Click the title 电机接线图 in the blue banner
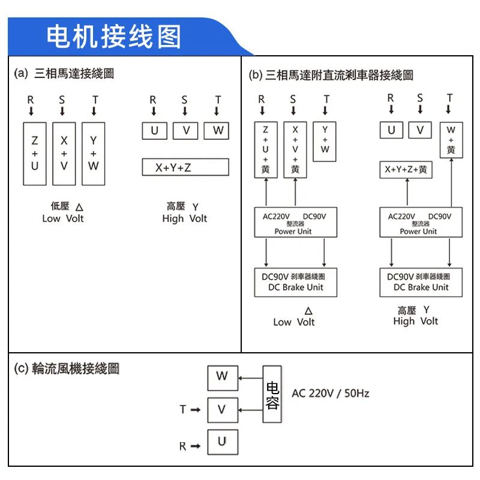coord(114,37)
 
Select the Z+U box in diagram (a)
coord(34,154)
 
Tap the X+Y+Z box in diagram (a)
coord(185,167)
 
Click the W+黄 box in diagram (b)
coord(451,140)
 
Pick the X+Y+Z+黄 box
coord(406,170)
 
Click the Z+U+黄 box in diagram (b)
coord(265,150)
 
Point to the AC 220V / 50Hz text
coord(330,394)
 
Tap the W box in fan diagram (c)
coord(222,377)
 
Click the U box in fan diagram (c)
coord(222,442)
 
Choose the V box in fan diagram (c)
coord(222,410)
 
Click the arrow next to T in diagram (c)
coord(195,410)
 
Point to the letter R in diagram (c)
coord(182,446)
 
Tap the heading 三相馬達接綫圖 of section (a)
coord(74,74)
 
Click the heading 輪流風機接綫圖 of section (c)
coord(76,368)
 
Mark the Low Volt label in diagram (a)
coord(63,218)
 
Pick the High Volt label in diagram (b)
coord(415,321)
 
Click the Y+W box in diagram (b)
coord(325,140)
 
